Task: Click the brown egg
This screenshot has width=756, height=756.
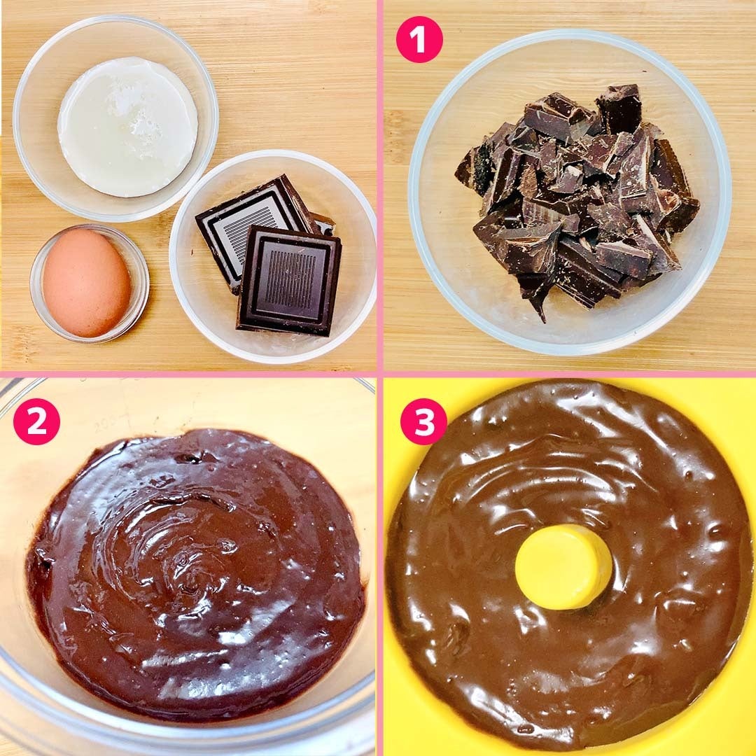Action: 87,283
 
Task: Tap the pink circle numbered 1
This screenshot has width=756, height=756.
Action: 419,39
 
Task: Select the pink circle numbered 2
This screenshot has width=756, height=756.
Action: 36,421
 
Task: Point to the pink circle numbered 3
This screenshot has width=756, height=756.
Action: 423,421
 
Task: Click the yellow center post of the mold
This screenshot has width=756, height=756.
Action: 563,567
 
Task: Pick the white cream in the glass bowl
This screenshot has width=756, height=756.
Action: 128,127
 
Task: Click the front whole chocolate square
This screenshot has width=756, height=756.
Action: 289,280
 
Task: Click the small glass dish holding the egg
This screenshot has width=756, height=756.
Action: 89,283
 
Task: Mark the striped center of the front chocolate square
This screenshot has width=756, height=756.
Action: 290,279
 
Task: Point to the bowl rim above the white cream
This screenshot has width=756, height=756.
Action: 115,20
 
